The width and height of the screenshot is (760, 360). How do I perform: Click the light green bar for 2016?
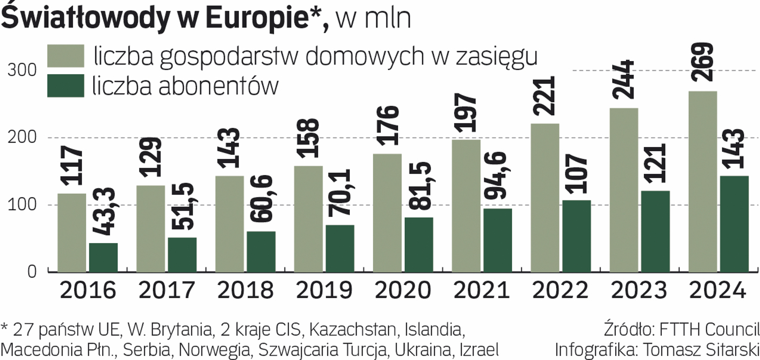[x=72, y=232]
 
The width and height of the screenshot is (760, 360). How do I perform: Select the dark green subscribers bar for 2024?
[x=734, y=224]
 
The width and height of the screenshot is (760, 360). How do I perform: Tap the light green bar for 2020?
[x=387, y=213]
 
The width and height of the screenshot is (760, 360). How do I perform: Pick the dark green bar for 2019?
[x=340, y=248]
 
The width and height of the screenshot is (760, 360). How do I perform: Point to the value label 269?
[x=703, y=62]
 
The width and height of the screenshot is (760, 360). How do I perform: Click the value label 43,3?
[x=104, y=212]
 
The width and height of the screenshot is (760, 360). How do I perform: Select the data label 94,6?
[x=498, y=175]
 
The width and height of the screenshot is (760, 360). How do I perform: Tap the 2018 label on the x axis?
[x=245, y=290]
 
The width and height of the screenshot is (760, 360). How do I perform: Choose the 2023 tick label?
[x=639, y=290]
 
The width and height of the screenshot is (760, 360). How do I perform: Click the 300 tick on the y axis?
[x=22, y=70]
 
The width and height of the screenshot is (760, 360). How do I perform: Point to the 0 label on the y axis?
[x=32, y=272]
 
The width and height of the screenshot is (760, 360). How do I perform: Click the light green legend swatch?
[x=66, y=56]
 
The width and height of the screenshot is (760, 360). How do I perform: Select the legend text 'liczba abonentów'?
[x=185, y=86]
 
